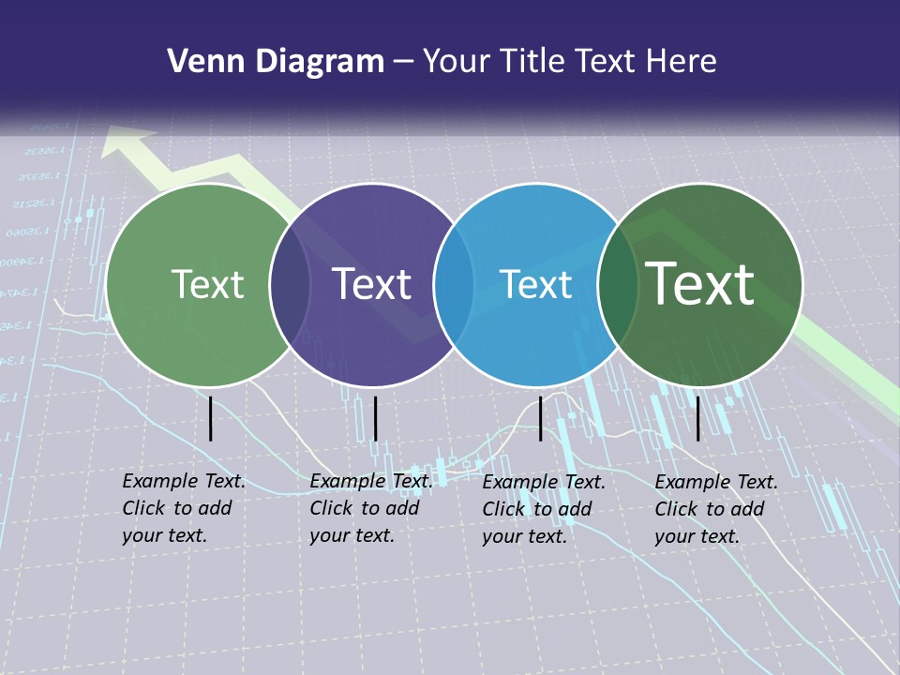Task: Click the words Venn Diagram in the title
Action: click(x=275, y=62)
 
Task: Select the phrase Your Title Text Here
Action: click(x=570, y=62)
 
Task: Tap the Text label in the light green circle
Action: click(x=207, y=284)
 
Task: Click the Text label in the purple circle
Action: click(x=372, y=284)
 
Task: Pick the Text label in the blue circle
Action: click(x=535, y=284)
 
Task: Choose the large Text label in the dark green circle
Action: click(x=700, y=283)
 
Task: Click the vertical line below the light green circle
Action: click(x=210, y=418)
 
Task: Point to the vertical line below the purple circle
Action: click(x=375, y=418)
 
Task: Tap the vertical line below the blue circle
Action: click(x=540, y=418)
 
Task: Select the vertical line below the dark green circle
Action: click(x=697, y=418)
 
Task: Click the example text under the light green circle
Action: click(x=184, y=508)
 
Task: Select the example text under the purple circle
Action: click(x=371, y=508)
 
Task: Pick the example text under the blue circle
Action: click(x=544, y=509)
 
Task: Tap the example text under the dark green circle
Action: click(x=716, y=509)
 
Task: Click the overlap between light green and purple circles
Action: click(x=290, y=285)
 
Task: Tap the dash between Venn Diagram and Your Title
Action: click(x=403, y=62)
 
